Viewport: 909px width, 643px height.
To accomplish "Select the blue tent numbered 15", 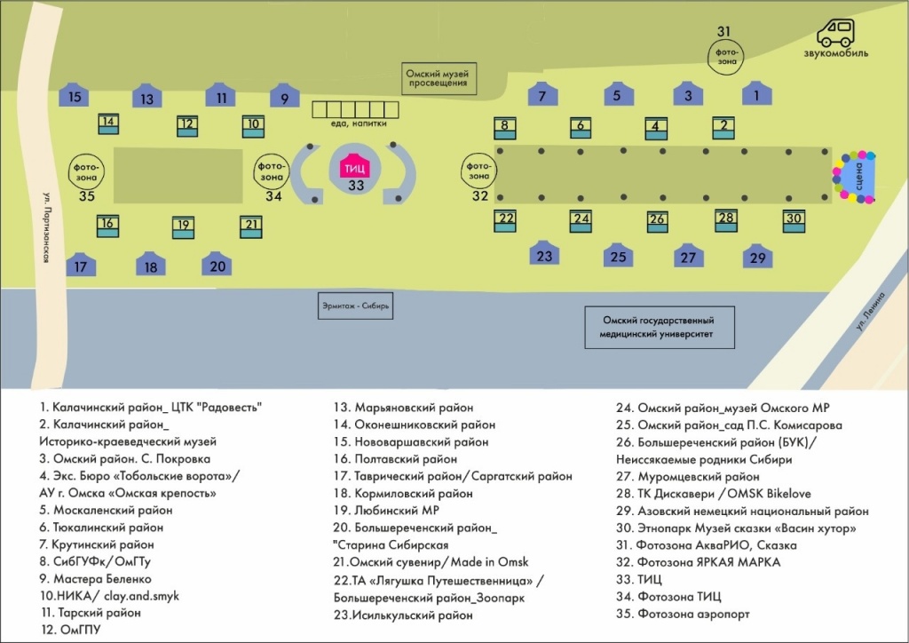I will click(x=75, y=96).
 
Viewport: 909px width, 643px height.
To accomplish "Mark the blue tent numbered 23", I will click(x=544, y=254).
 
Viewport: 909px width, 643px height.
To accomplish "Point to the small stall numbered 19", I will click(x=183, y=226).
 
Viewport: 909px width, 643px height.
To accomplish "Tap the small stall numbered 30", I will click(x=794, y=220).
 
